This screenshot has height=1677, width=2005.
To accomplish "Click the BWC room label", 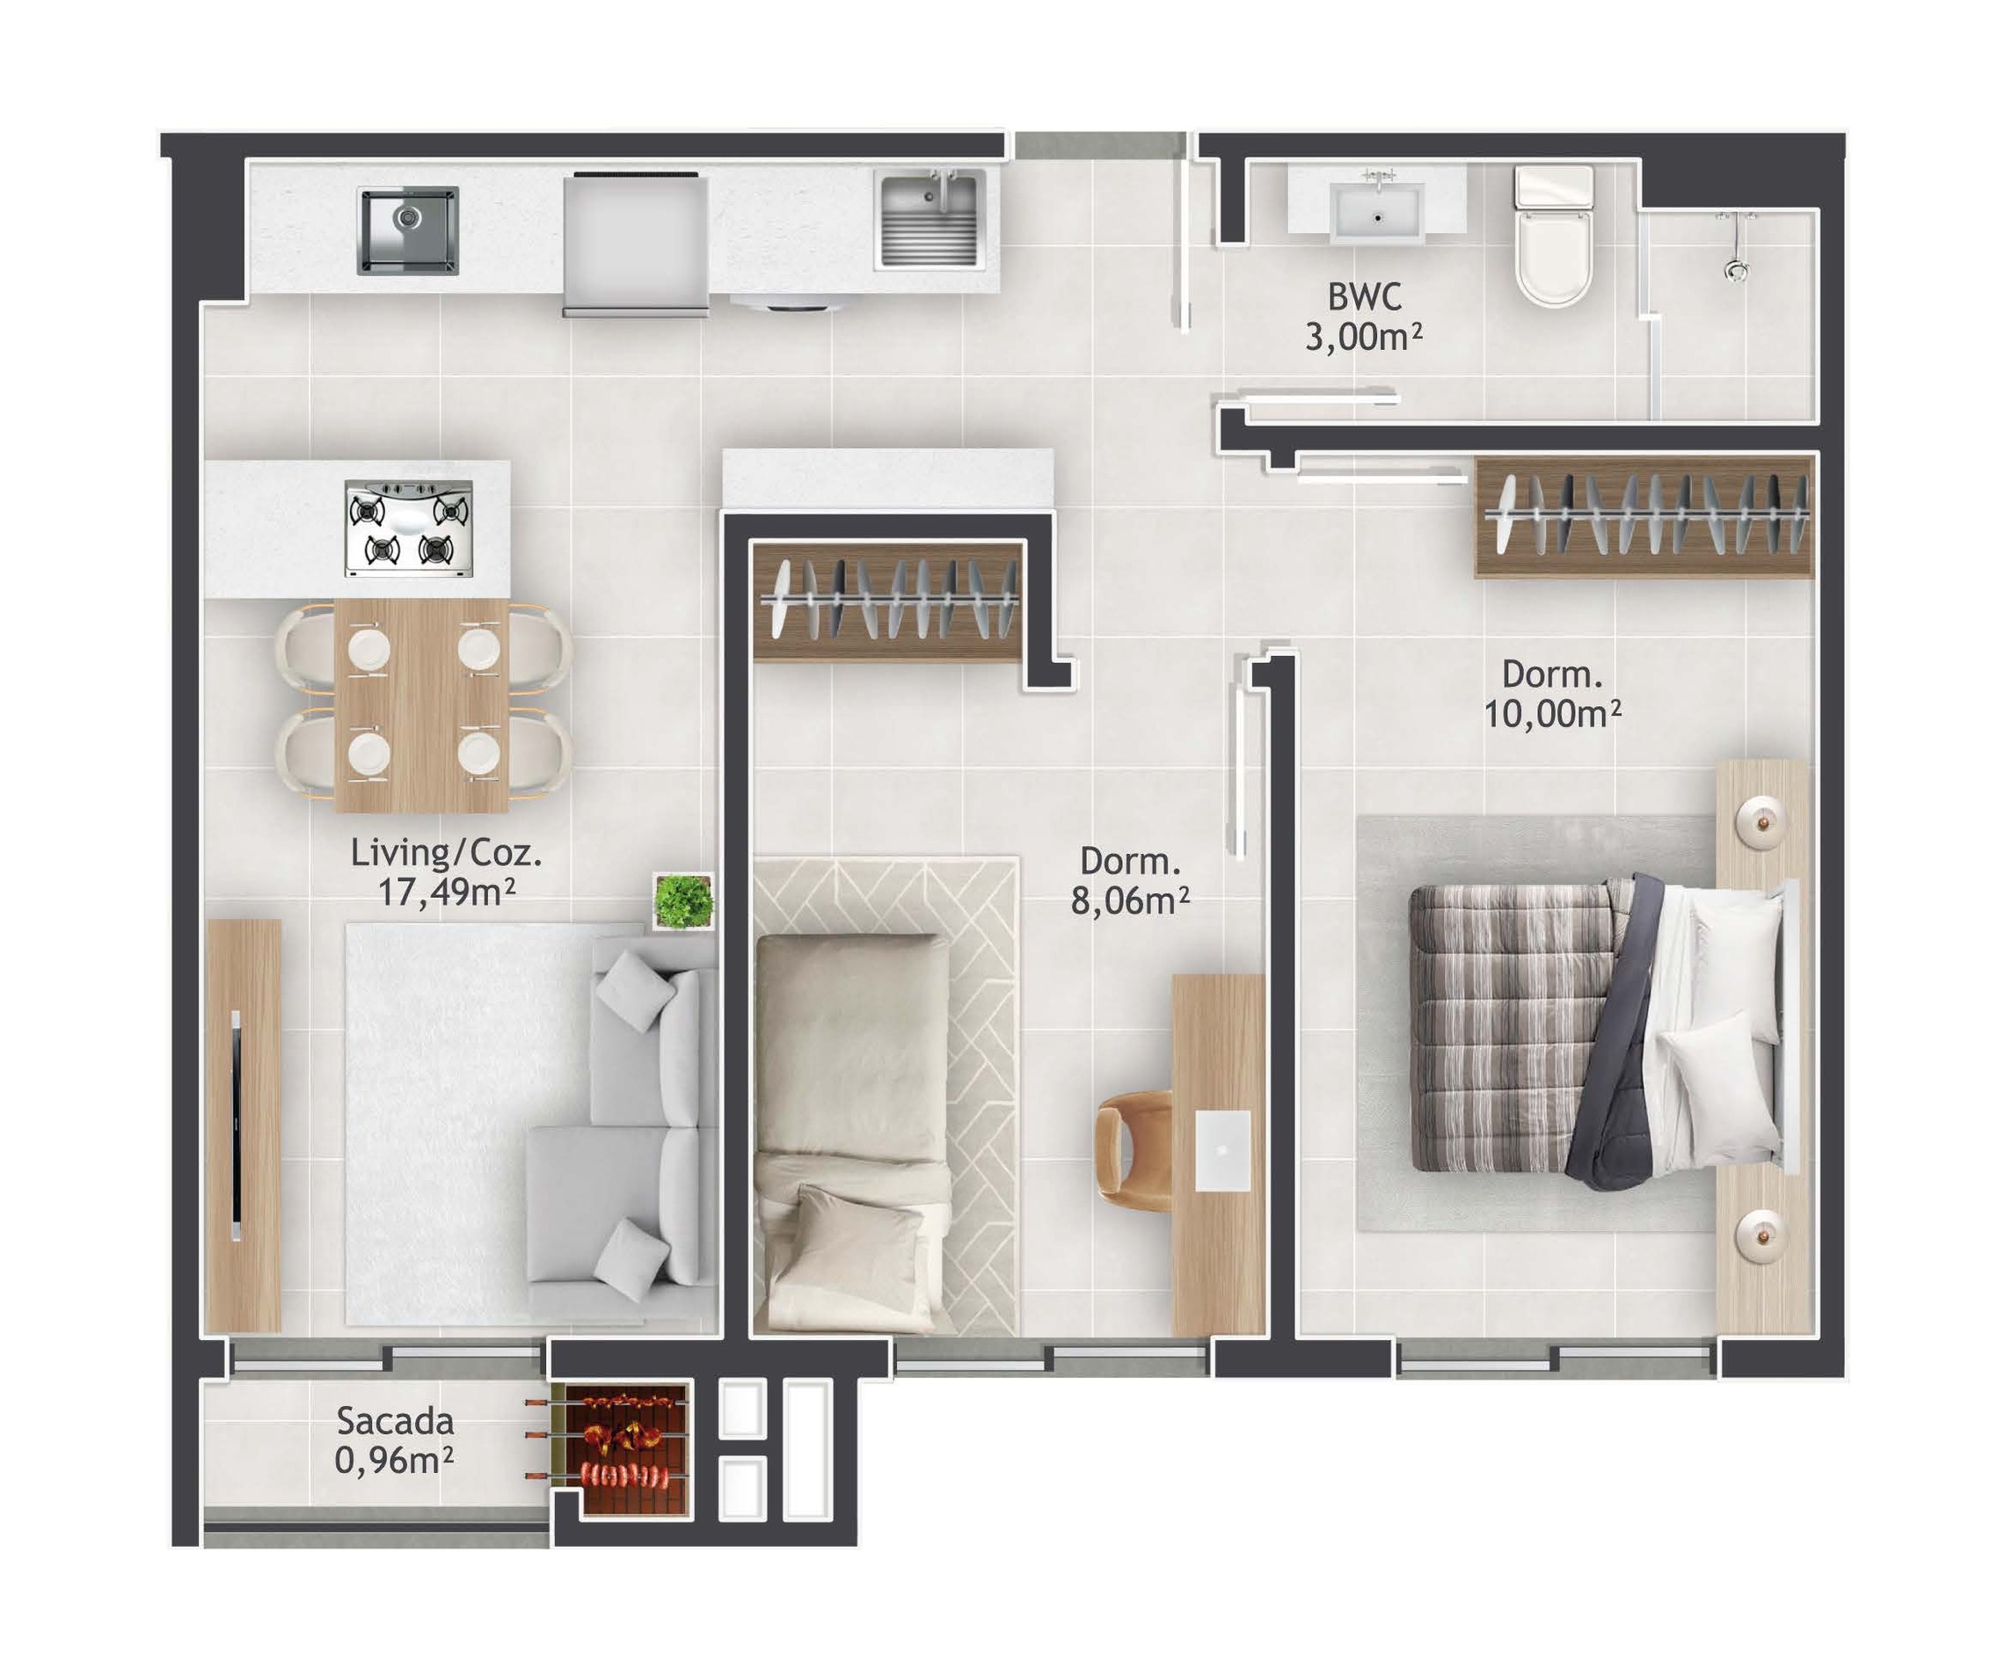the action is coord(1364,297).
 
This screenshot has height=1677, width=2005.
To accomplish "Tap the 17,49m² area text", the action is coord(447,892).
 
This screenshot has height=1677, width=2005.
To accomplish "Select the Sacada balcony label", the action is coord(394,1421).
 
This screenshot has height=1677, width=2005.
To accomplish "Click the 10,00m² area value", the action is coord(1552,713).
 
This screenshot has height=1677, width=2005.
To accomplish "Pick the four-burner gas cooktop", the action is coord(409,529).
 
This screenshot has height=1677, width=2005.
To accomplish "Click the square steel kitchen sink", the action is coord(408,230).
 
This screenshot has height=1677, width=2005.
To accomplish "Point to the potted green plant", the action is coord(683,900).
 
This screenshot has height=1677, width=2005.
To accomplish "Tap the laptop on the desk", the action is coord(1222,1151).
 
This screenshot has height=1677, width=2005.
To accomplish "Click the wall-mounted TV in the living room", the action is coord(236,1127).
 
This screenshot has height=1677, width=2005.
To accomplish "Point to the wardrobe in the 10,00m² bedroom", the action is coord(1644,517).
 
